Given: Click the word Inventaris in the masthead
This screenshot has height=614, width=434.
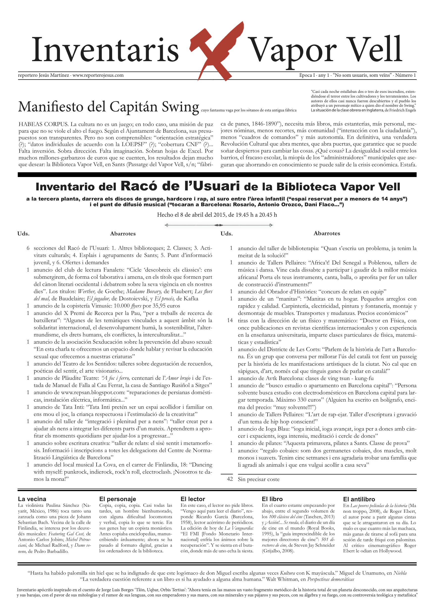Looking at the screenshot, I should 105,50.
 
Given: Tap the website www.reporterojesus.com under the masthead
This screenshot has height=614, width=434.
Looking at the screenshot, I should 98,75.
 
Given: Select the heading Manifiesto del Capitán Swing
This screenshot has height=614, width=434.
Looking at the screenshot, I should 108,107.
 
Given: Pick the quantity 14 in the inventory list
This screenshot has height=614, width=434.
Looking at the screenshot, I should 230,320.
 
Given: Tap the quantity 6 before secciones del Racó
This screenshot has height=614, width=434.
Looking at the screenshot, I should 28,248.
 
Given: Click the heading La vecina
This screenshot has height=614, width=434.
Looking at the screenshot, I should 32,499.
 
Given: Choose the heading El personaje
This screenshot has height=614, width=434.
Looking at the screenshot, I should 118,499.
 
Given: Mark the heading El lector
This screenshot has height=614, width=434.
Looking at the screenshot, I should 193,499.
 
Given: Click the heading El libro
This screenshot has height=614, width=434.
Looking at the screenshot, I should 272,499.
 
